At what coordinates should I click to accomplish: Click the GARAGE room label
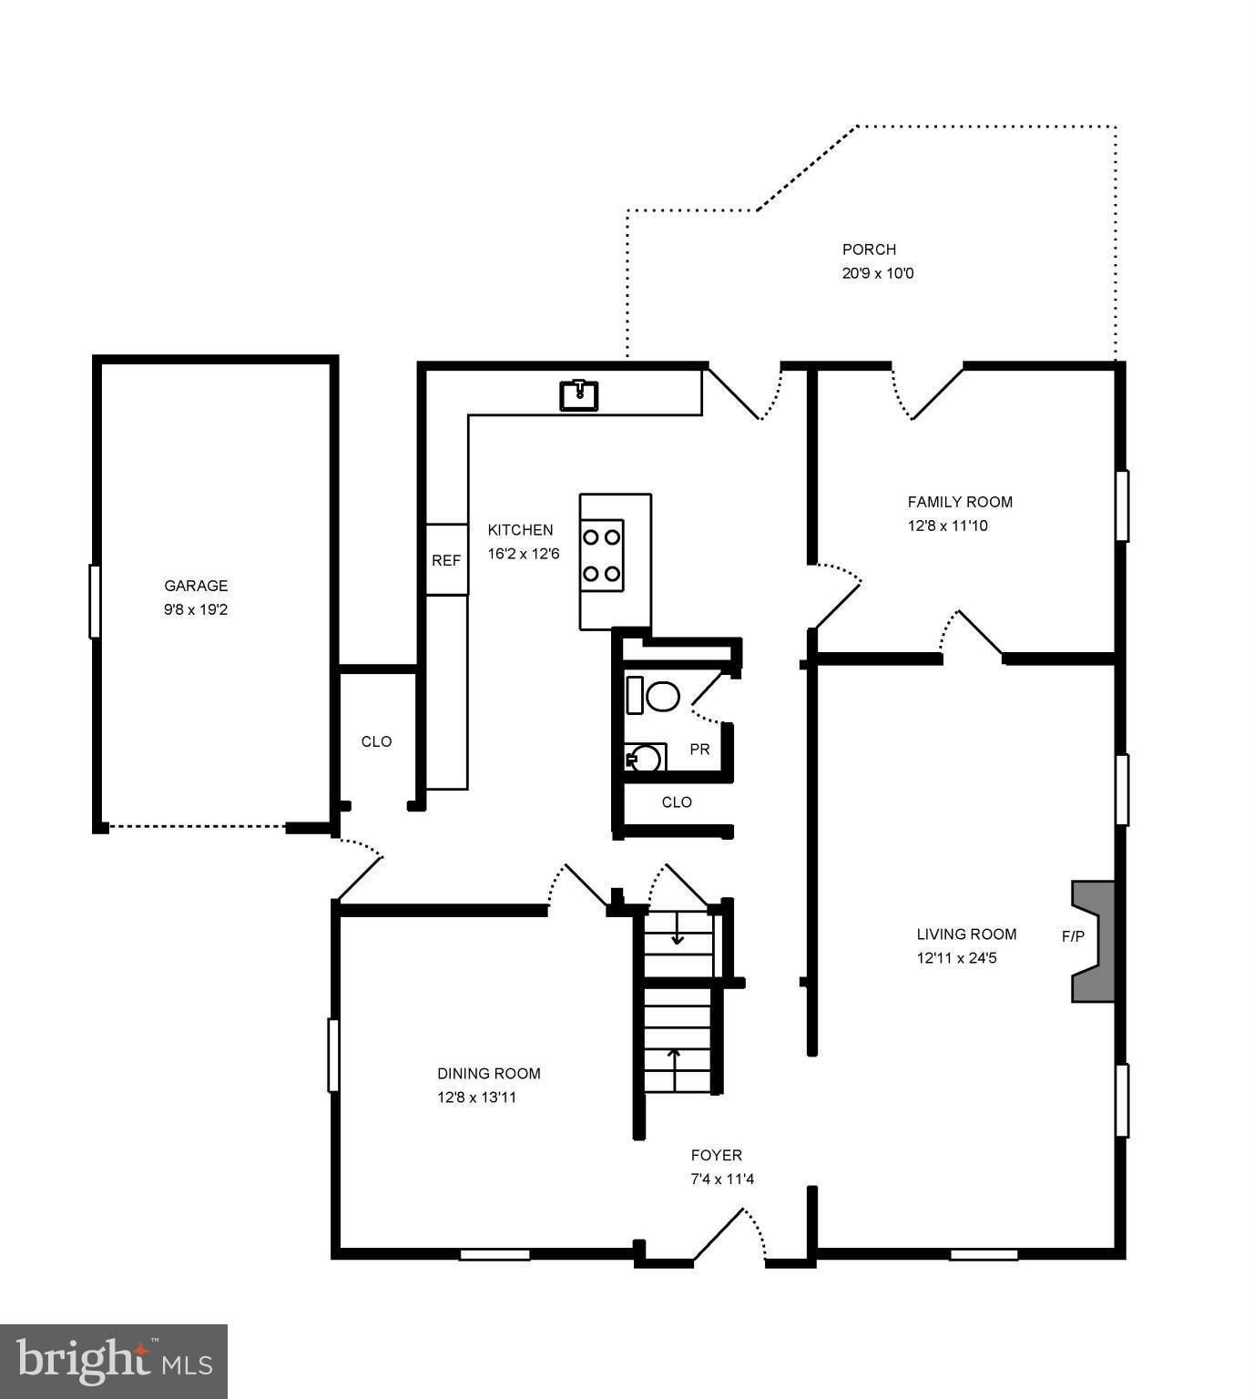click(196, 586)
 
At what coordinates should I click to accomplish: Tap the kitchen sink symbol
click(578, 395)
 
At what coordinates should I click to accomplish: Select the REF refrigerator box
click(446, 560)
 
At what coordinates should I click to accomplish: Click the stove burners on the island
click(602, 556)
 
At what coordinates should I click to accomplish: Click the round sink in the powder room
click(645, 758)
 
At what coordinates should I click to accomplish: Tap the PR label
click(699, 750)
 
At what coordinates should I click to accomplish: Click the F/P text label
click(1074, 936)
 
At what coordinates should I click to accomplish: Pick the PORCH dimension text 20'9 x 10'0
click(878, 273)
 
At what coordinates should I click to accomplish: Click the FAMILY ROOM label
click(960, 502)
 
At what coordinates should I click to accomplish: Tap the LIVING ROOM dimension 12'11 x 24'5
click(957, 958)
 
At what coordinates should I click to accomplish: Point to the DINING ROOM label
click(489, 1074)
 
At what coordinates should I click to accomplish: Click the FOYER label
click(717, 1156)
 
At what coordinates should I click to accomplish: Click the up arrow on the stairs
click(674, 1061)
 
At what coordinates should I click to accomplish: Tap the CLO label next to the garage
click(377, 741)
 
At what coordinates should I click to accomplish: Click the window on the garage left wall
click(94, 601)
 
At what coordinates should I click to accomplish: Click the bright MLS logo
click(114, 1361)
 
